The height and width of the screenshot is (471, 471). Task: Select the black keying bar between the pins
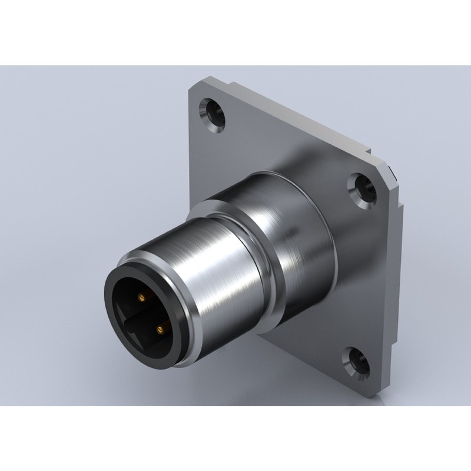(147, 313)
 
